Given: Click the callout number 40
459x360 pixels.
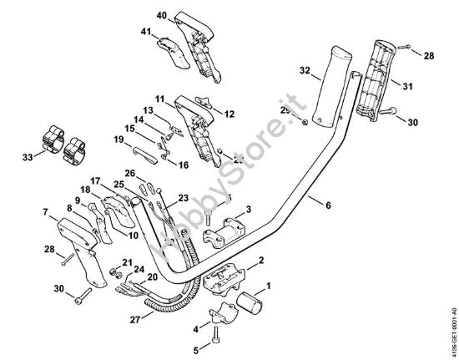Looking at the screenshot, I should [161, 15].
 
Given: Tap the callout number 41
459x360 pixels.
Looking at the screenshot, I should [147, 33].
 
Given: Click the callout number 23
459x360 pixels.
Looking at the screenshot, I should [183, 198].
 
